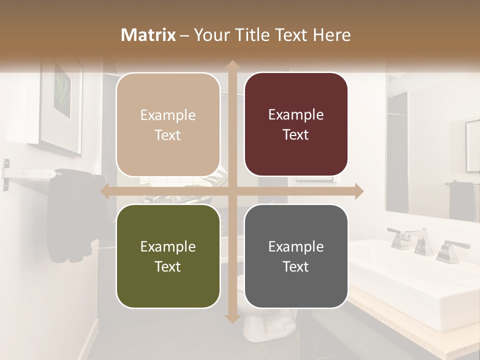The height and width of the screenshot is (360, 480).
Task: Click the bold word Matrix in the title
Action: [x=148, y=34]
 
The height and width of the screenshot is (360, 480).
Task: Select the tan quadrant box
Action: [x=168, y=124]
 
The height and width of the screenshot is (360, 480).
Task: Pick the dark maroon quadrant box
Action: [x=296, y=124]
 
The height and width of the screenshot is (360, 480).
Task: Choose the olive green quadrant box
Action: [x=168, y=256]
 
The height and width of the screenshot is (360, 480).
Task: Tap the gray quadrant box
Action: [x=296, y=256]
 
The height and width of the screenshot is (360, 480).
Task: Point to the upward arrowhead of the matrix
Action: [x=231, y=64]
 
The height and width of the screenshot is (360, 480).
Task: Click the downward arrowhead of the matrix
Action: [x=231, y=318]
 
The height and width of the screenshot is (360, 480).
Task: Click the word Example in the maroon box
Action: [x=296, y=114]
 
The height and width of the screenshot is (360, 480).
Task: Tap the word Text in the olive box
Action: [x=168, y=266]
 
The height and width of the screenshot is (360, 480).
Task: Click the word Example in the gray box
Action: [x=296, y=246]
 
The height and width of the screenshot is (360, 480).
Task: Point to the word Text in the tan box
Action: [x=168, y=135]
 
